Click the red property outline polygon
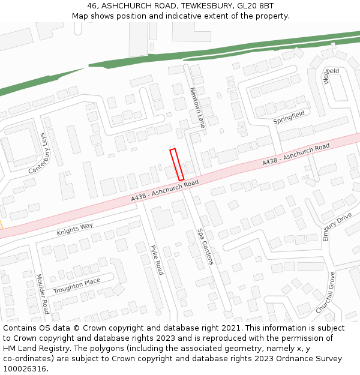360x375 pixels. click(x=176, y=164)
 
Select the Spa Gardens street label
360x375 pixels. click(x=205, y=246)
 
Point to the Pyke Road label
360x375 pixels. click(x=157, y=260)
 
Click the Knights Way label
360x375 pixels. click(x=75, y=229)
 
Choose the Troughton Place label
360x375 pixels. click(x=77, y=286)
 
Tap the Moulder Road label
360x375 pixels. click(x=42, y=293)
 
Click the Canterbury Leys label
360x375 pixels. click(x=37, y=153)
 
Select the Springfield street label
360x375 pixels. click(x=289, y=117)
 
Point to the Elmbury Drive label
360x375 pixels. click(x=337, y=226)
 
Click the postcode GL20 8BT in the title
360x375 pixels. click(x=255, y=6)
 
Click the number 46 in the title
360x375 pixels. click(x=92, y=6)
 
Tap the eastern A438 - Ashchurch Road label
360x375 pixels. click(x=296, y=155)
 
